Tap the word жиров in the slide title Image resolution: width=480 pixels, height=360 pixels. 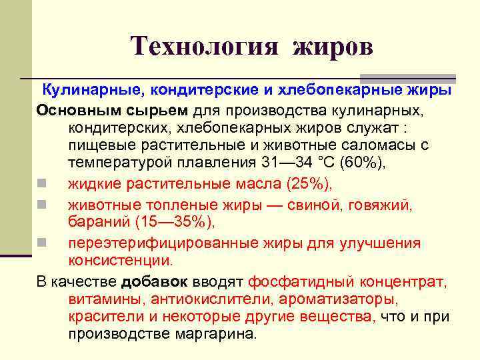(x=332, y=46)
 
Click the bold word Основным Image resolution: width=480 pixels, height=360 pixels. (x=75, y=108)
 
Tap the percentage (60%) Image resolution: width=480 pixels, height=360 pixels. (x=361, y=163)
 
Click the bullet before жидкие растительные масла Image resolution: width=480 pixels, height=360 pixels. (x=41, y=183)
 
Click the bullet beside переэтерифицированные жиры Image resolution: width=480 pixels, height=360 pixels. (x=41, y=242)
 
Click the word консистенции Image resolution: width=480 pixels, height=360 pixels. (x=120, y=260)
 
